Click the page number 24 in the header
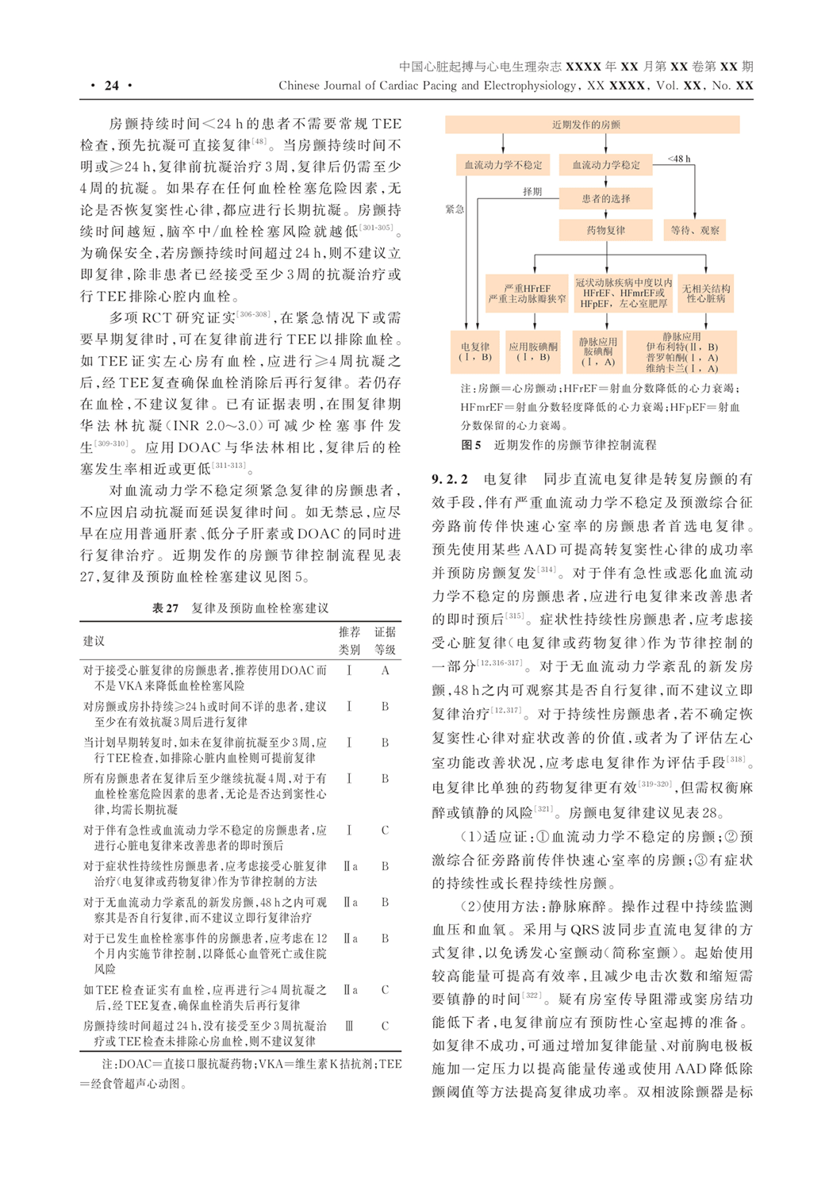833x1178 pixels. (112, 86)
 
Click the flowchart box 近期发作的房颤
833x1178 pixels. (591, 125)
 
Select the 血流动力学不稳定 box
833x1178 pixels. (503, 165)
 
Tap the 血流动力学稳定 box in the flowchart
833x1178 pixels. (606, 165)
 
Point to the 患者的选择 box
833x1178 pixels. (606, 198)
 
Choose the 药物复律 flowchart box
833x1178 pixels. (606, 230)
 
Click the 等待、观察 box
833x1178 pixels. (694, 230)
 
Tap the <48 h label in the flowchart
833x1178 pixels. (678, 159)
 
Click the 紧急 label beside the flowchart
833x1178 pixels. (455, 209)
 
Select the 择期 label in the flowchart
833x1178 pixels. (532, 191)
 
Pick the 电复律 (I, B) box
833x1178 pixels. (475, 352)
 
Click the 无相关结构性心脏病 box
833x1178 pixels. (706, 293)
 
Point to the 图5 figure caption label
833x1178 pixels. (470, 445)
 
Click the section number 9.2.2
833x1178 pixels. (450, 479)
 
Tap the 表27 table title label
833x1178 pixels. (165, 608)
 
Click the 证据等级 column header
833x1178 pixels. (385, 641)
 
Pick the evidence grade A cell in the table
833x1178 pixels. (385, 671)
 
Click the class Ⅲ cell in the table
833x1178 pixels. (349, 1026)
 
